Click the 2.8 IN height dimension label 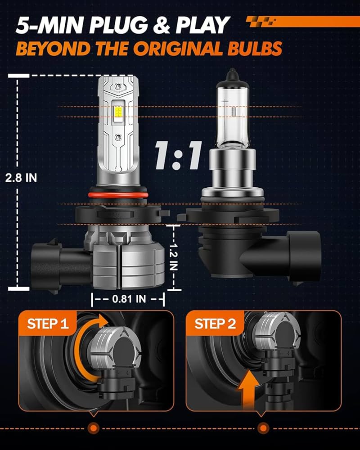point(21,177)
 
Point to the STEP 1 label point(48,324)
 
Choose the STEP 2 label point(215,324)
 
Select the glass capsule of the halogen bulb point(232,115)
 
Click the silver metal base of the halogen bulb point(232,169)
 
